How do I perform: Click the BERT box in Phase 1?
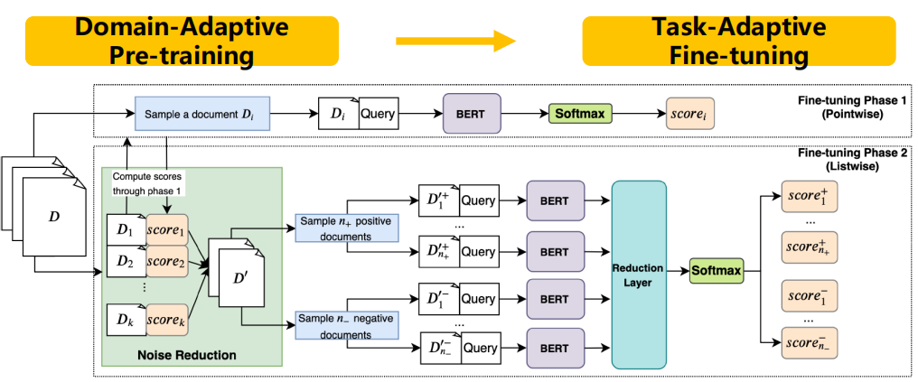(472, 115)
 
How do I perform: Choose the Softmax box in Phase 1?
(579, 115)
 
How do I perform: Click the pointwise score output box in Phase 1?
(689, 115)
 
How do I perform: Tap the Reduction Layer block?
(642, 275)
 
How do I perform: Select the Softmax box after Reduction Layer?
(716, 269)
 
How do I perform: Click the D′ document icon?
(239, 278)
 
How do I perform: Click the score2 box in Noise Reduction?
(166, 261)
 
